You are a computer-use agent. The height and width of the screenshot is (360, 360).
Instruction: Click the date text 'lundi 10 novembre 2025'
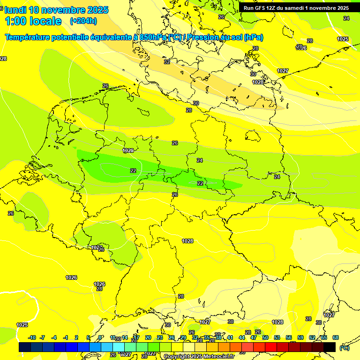click(x=56, y=10)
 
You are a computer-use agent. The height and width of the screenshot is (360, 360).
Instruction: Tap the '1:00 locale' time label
click(x=33, y=21)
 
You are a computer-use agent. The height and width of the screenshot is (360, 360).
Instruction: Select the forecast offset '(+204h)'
click(x=83, y=21)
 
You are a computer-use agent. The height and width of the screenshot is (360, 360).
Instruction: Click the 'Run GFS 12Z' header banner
click(x=296, y=8)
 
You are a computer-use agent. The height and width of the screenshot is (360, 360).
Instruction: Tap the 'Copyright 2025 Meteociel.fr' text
click(x=199, y=357)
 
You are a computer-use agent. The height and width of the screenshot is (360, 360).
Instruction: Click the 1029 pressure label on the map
click(x=128, y=150)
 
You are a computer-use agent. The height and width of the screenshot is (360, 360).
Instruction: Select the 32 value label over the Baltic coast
click(x=167, y=62)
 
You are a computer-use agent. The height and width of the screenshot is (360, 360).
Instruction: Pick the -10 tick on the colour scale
click(x=32, y=337)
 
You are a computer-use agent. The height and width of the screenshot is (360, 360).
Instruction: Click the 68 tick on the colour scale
click(x=336, y=337)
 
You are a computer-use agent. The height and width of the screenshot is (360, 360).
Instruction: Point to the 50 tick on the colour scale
click(x=265, y=337)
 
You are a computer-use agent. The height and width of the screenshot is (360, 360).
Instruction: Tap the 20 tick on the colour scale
click(x=148, y=337)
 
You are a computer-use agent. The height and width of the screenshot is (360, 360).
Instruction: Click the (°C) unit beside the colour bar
click(x=344, y=348)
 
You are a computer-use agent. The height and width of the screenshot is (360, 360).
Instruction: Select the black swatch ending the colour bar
click(x=330, y=347)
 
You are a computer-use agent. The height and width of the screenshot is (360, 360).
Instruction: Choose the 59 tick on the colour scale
click(x=300, y=337)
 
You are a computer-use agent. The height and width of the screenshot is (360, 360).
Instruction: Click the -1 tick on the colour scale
click(x=66, y=337)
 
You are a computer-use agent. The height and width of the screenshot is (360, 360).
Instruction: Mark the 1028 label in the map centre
click(x=187, y=241)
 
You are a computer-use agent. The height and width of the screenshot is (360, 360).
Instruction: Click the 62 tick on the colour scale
click(x=312, y=337)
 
